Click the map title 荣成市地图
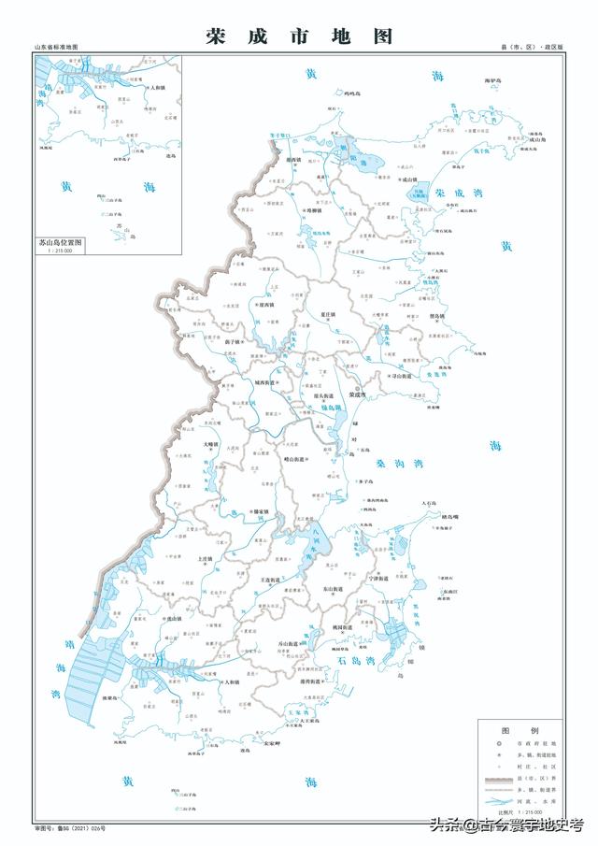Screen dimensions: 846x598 (299, 36)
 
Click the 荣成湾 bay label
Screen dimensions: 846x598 (452, 194)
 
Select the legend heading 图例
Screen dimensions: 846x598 (520, 729)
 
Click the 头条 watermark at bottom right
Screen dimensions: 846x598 (505, 825)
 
